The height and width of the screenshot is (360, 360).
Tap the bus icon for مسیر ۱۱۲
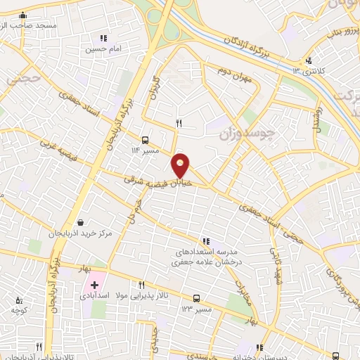click(x=146, y=139)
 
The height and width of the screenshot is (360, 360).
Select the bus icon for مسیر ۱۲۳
click(x=196, y=298)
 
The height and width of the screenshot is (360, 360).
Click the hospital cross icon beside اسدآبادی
click(x=94, y=285)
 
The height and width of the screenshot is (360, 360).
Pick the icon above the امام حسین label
click(x=104, y=38)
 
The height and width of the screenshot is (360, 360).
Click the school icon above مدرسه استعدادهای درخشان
click(x=205, y=240)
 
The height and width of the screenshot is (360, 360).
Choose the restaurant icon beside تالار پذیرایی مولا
click(x=142, y=285)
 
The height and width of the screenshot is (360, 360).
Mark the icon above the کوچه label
click(x=18, y=300)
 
